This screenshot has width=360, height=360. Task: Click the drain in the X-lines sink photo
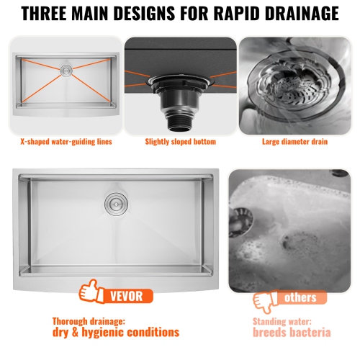(66, 71)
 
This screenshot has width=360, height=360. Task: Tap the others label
(300, 297)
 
